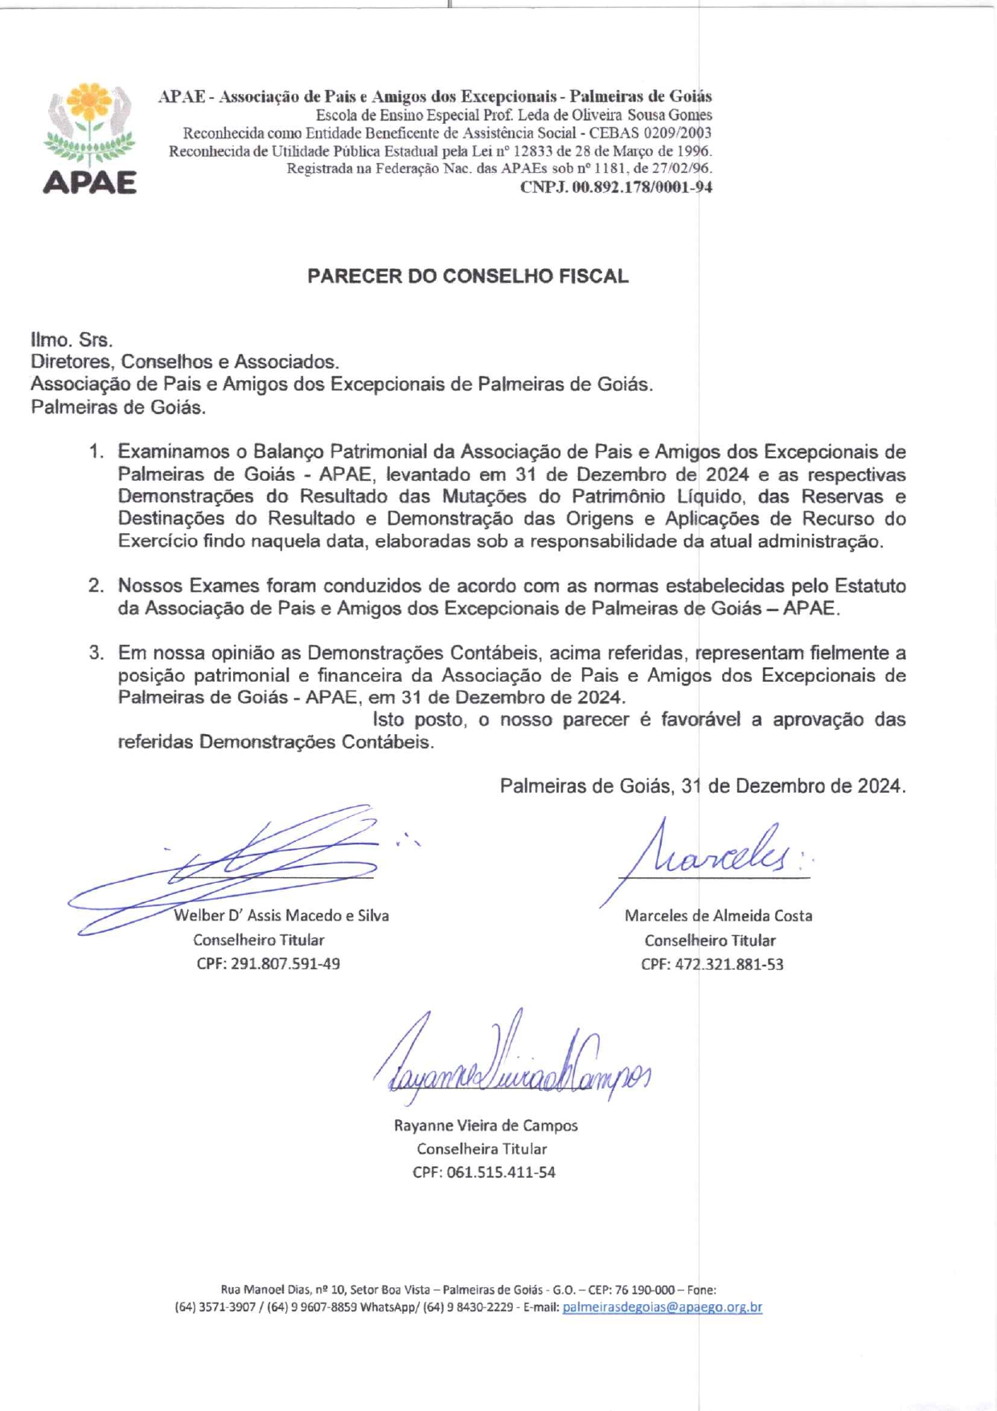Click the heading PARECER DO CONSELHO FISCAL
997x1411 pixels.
click(467, 277)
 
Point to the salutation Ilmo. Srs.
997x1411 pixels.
click(72, 340)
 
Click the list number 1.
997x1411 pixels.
click(96, 452)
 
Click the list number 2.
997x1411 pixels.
click(96, 586)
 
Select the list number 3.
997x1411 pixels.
click(96, 653)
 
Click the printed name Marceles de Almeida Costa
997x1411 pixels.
click(718, 916)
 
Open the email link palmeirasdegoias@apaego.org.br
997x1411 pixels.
click(662, 1307)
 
